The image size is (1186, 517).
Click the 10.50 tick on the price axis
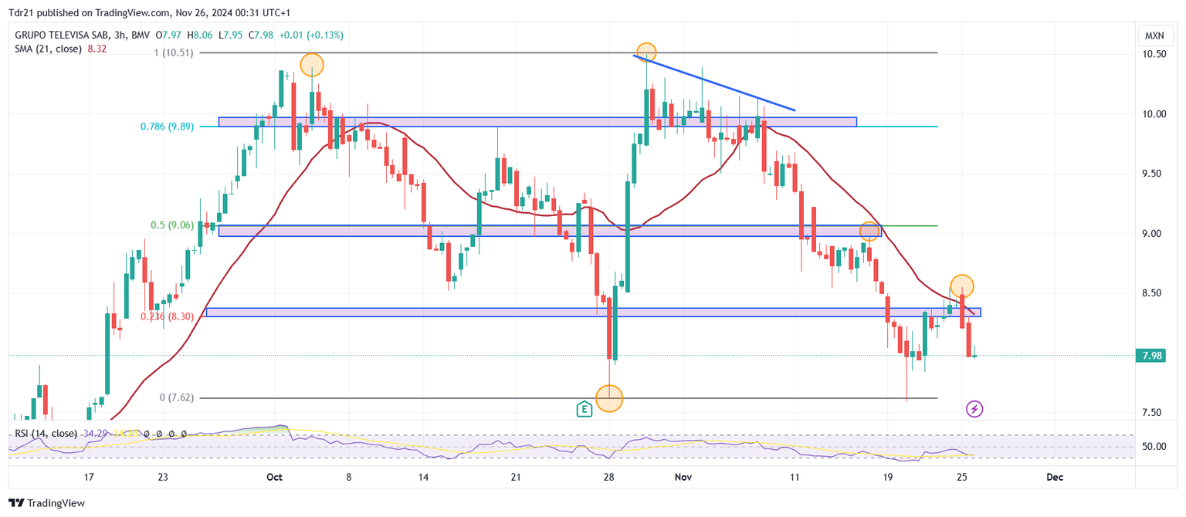pos(1154,54)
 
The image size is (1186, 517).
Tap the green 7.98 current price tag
pos(1154,356)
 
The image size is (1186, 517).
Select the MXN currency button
pos(1154,35)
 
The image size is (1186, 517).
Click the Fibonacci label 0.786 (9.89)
pos(167,127)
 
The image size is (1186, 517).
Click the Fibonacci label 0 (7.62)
pos(177,398)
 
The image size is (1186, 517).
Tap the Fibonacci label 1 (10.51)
pos(175,52)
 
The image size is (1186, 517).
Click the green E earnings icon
pos(585,409)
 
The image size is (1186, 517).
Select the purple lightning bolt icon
pos(974,409)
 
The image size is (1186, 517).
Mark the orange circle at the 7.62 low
pos(609,398)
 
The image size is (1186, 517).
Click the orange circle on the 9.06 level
pos(870,230)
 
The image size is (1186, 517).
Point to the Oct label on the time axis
pos(274,478)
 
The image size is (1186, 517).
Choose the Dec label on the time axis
pos(1055,478)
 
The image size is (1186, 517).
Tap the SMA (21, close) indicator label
pos(48,49)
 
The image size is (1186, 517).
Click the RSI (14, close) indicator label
pos(46,434)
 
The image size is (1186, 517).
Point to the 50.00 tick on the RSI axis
pos(1154,447)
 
